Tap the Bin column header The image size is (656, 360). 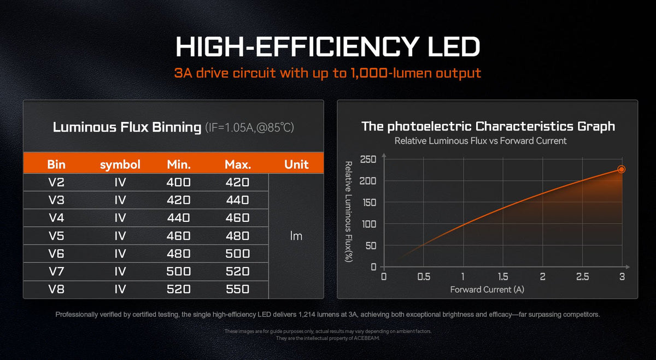(x=56, y=164)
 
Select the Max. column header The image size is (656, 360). (x=238, y=164)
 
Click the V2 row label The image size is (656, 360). (x=56, y=182)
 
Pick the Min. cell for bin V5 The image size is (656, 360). (x=178, y=236)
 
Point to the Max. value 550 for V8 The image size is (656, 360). (x=238, y=289)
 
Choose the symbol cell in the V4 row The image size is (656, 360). (x=120, y=218)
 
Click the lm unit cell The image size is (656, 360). (x=296, y=236)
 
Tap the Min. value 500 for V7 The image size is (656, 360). (x=178, y=272)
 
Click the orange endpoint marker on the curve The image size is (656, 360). (x=621, y=169)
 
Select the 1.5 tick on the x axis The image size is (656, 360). (x=502, y=277)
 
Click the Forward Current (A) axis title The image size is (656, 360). (x=487, y=290)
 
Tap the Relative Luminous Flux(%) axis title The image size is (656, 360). (x=348, y=211)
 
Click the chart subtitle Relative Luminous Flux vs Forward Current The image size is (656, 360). (x=480, y=141)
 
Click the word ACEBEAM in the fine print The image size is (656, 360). (x=366, y=338)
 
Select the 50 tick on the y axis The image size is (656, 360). (x=372, y=245)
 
